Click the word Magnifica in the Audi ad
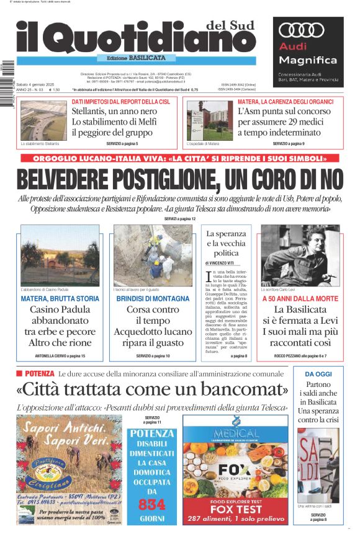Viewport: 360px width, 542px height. [308, 60]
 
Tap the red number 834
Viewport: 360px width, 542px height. [151, 504]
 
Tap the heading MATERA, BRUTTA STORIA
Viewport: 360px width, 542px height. [60, 299]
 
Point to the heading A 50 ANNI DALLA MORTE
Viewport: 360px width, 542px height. [300, 299]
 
